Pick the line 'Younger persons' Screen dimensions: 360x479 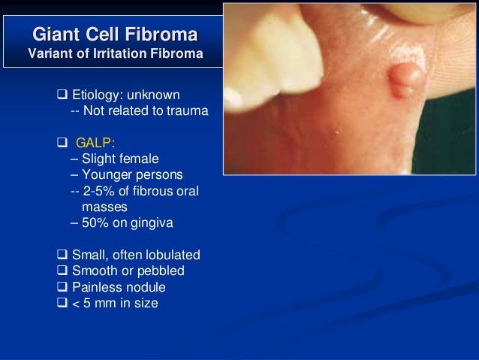click(x=131, y=174)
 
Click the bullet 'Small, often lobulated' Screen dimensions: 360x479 click(x=135, y=255)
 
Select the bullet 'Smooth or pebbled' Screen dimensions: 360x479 click(x=128, y=271)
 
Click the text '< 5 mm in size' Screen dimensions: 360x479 click(x=115, y=304)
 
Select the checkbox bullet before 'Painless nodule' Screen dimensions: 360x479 click(x=62, y=287)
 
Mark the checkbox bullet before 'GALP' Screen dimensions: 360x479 click(x=62, y=143)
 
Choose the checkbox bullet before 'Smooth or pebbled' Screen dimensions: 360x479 click(x=62, y=271)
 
